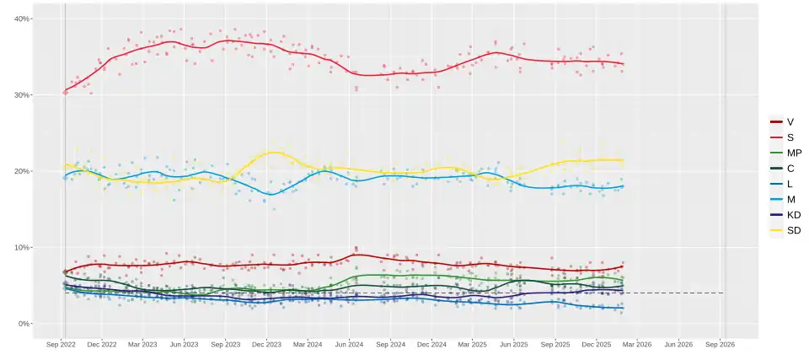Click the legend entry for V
click(782, 122)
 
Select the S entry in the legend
click(782, 137)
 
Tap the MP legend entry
click(785, 153)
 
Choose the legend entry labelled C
click(782, 169)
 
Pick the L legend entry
click(782, 184)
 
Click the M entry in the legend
click(783, 199)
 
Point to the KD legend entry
click(785, 215)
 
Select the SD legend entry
click(785, 231)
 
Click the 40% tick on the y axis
click(23, 19)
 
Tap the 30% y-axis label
click(23, 95)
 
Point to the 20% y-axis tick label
click(23, 171)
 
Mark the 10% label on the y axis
click(23, 247)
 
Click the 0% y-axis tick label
click(24, 324)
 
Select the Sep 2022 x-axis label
click(61, 344)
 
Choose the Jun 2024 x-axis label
click(349, 344)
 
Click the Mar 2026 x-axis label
click(637, 344)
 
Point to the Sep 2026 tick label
click(720, 344)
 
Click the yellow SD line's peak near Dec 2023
click(274, 152)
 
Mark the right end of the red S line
click(624, 63)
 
